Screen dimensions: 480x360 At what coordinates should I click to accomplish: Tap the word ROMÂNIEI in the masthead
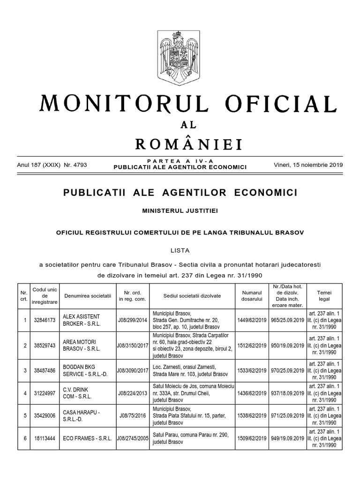point(188,143)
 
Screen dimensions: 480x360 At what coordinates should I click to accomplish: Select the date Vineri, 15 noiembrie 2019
point(307,165)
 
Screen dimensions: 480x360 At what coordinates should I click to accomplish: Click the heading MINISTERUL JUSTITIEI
point(180,211)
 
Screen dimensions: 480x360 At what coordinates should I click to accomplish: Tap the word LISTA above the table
point(180,251)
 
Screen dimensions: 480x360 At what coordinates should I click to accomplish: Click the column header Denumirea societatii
point(88,296)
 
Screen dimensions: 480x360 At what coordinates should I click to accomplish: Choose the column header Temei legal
point(324,295)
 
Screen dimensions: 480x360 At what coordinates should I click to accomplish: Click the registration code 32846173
point(45,320)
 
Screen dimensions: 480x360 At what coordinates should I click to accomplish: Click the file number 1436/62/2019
point(252,393)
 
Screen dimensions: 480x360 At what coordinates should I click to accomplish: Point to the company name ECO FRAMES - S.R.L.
point(87,439)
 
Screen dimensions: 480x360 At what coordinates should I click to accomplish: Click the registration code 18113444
point(45,439)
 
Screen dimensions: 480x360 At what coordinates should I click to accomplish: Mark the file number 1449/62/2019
point(252,320)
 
